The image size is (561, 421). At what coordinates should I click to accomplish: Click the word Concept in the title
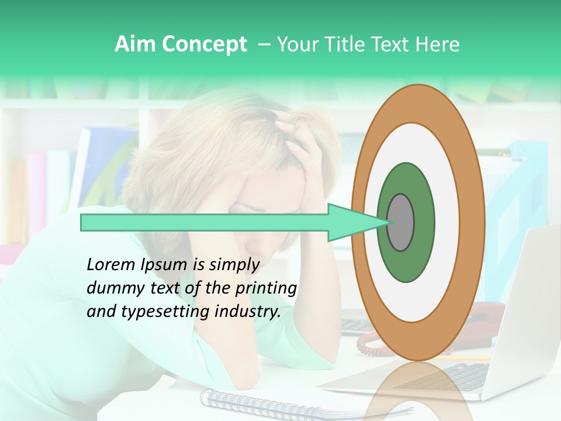pos(204,44)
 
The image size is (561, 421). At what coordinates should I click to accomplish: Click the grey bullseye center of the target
pos(400,223)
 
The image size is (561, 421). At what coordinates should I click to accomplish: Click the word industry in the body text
pos(246,312)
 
